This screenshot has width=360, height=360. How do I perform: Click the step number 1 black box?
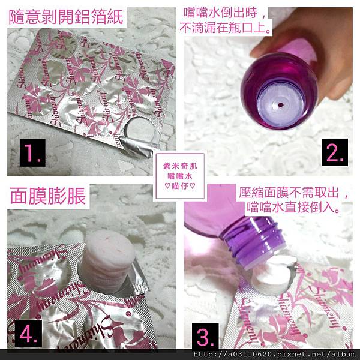click(x=32, y=152)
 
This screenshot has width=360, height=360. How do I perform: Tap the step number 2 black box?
click(x=335, y=152)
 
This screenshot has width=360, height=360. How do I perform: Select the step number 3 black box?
click(x=205, y=336)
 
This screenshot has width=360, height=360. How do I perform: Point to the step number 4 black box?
click(x=28, y=334)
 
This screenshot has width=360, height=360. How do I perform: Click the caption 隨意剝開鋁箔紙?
click(x=66, y=17)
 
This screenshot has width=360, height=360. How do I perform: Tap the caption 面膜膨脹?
click(x=48, y=196)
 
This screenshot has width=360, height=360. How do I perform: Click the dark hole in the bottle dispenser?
click(x=280, y=105)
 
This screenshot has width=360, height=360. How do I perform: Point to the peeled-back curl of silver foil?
click(x=136, y=147)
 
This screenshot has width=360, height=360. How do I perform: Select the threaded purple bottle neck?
click(x=254, y=241)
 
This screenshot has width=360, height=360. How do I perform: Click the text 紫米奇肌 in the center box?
click(x=180, y=166)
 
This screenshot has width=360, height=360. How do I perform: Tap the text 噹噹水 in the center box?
click(x=180, y=176)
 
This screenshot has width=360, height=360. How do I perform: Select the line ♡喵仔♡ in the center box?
click(x=180, y=186)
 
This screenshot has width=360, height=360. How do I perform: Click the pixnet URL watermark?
click(x=274, y=354)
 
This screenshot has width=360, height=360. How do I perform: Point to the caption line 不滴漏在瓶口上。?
click(x=225, y=28)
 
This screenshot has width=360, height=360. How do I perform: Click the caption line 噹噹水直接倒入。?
click(x=293, y=208)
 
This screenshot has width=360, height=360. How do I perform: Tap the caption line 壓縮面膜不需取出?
click(x=293, y=193)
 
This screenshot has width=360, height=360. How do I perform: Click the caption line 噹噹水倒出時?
click(x=224, y=13)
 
